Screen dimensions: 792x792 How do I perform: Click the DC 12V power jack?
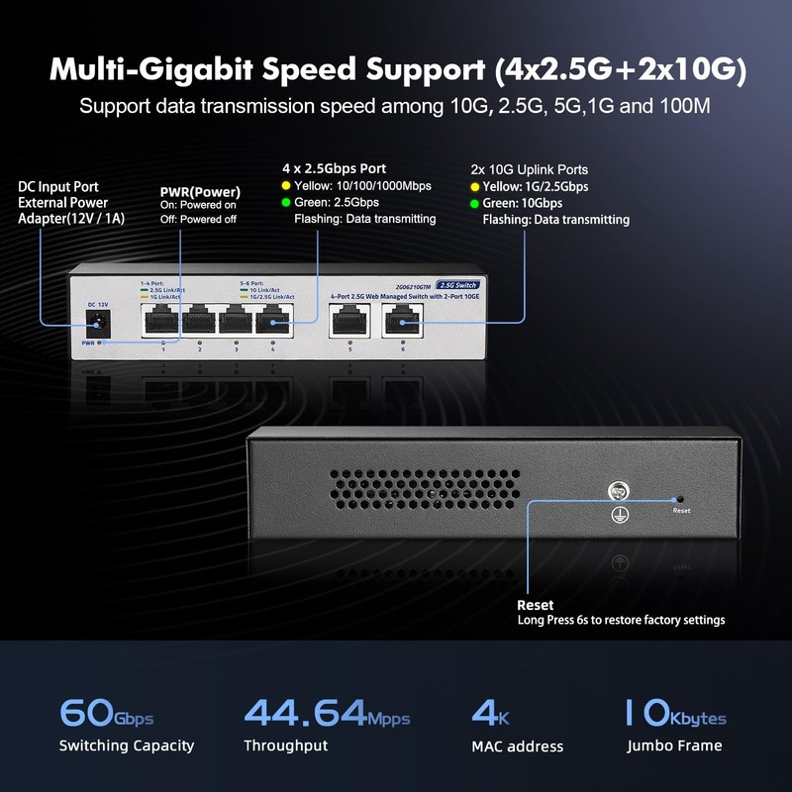point(97,320)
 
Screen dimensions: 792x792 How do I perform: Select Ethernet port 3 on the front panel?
point(236,320)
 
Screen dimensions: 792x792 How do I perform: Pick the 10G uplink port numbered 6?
point(402,320)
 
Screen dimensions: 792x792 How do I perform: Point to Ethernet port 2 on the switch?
point(199,320)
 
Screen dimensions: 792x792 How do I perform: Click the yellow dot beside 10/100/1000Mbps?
point(286,185)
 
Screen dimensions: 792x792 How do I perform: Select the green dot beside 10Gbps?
point(473,203)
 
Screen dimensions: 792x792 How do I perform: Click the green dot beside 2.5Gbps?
point(286,202)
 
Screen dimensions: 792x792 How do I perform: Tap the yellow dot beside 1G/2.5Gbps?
point(473,186)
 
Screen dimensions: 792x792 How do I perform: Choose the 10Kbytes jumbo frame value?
point(674,713)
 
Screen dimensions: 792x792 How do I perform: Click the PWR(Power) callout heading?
point(201,191)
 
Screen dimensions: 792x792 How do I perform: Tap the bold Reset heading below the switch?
point(536,604)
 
